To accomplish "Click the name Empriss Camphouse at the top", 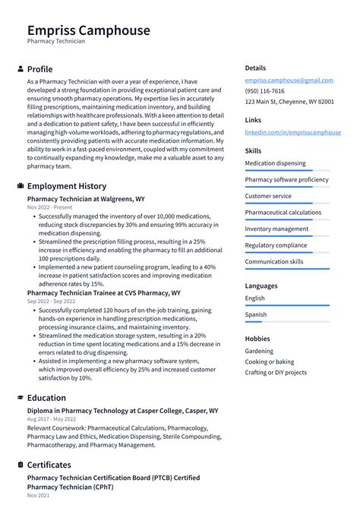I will [x=88, y=30].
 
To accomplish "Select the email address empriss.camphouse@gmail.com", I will [x=289, y=80].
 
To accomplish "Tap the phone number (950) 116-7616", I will [x=264, y=90].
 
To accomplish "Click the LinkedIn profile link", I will [x=292, y=132].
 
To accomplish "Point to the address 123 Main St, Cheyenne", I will [x=289, y=101].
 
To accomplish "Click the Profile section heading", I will [x=39, y=69].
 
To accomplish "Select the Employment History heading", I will [x=66, y=186].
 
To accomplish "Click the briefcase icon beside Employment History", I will [x=20, y=186].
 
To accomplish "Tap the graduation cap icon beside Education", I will [x=20, y=397].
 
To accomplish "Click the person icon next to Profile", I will [x=20, y=69].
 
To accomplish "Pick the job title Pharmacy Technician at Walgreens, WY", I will [x=86, y=199].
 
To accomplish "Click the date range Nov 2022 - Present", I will [x=50, y=207].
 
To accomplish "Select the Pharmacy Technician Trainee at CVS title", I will [x=103, y=292].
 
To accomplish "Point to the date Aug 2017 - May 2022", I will [x=51, y=419].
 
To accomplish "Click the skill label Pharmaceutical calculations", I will [x=283, y=213].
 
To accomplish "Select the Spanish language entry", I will [x=256, y=314].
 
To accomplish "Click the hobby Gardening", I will [x=260, y=352].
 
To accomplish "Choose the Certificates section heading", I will [x=49, y=465].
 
